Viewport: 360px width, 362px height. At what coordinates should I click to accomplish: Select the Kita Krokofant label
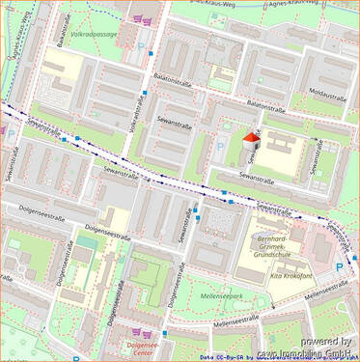tap(289, 275)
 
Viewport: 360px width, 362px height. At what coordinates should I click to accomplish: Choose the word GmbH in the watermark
tap(338, 354)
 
